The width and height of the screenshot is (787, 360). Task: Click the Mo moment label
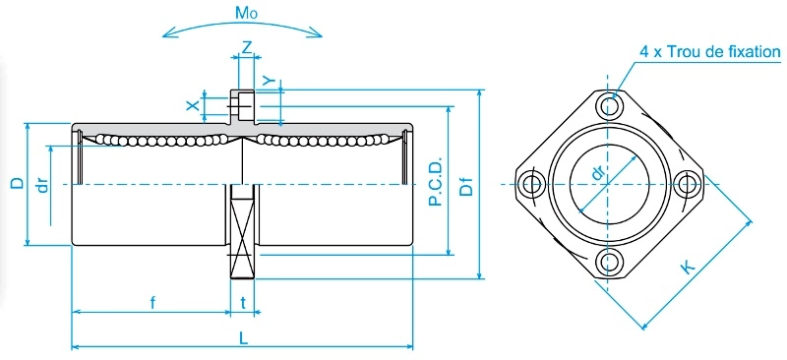tap(246, 14)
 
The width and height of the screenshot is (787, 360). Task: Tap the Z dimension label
tap(247, 47)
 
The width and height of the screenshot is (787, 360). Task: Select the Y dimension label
tap(271, 82)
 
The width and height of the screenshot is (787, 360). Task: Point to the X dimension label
tap(192, 105)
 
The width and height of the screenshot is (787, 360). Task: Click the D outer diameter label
tap(18, 183)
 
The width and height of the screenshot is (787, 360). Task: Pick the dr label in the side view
tap(43, 186)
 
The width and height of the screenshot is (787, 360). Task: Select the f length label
tap(152, 303)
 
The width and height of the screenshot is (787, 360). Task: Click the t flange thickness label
tap(243, 303)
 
